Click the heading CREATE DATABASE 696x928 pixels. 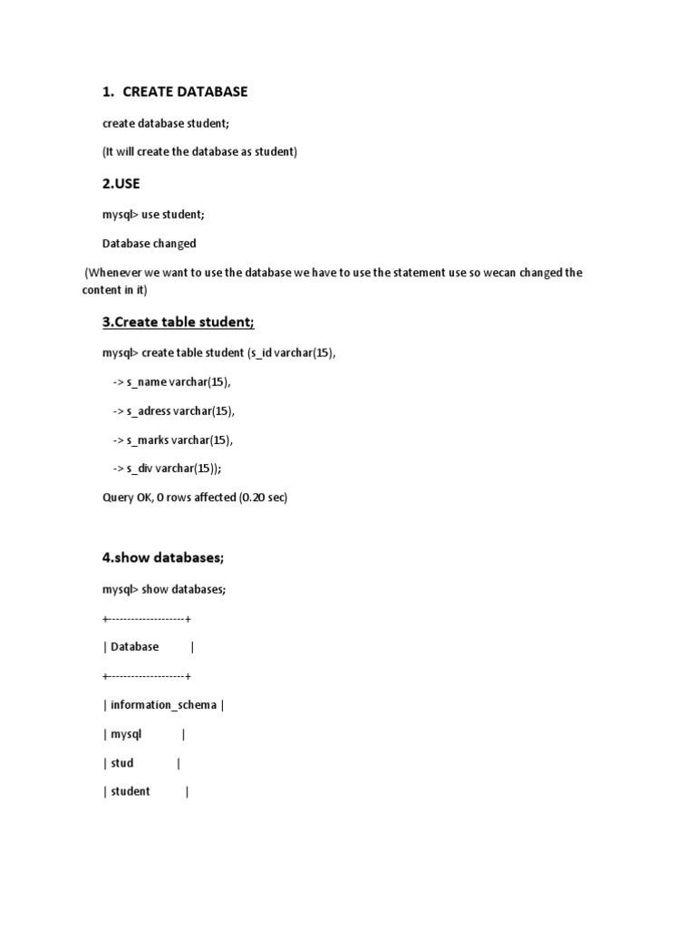pos(184,92)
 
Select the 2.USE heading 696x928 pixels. pos(121,183)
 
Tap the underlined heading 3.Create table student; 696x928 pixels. pos(179,323)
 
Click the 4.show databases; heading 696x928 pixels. pos(163,557)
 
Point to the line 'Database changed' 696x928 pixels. pos(149,244)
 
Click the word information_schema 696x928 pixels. pos(163,705)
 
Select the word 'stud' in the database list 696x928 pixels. pos(121,763)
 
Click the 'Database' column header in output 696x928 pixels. pos(134,647)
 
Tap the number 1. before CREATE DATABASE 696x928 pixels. pos(108,92)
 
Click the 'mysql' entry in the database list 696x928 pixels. pos(126,734)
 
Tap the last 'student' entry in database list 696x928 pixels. pos(130,791)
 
